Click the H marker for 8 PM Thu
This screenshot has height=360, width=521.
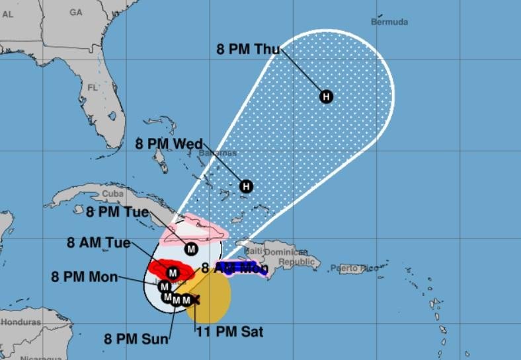click(x=326, y=97)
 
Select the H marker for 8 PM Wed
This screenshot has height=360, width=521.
click(x=246, y=186)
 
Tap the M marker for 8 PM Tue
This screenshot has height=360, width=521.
click(x=191, y=249)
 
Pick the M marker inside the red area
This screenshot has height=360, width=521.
click(x=173, y=272)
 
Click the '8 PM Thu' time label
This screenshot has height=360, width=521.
click(x=248, y=48)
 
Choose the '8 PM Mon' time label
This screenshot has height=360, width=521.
click(x=84, y=276)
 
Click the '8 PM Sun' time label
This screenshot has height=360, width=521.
click(x=136, y=340)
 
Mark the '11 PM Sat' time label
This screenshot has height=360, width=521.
click(x=229, y=332)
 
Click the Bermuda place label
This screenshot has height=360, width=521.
click(x=389, y=22)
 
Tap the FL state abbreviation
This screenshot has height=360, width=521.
click(x=93, y=87)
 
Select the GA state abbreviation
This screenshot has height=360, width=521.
click(x=76, y=12)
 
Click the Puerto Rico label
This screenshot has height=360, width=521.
click(x=358, y=268)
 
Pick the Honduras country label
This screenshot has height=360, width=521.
click(x=20, y=322)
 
